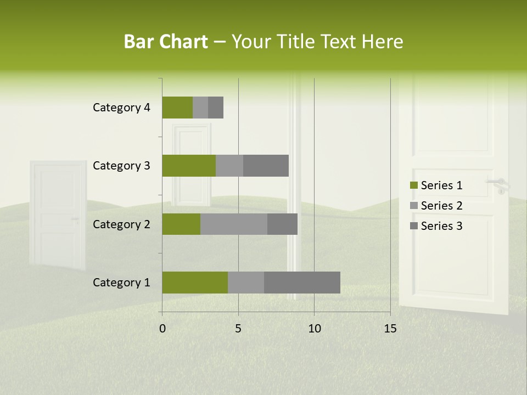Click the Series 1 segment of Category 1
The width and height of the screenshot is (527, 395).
[195, 283]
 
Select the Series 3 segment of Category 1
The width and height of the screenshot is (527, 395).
[302, 283]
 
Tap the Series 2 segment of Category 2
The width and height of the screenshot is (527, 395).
[234, 224]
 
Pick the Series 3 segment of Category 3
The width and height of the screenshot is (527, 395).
[266, 166]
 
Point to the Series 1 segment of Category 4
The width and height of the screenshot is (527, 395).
[177, 108]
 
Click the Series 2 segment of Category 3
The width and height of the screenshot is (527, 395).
[229, 166]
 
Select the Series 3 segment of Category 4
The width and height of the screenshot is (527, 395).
[216, 108]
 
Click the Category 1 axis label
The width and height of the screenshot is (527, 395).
[121, 283]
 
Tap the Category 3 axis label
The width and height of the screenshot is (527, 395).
[121, 166]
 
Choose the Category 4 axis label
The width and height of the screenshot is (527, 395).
[121, 108]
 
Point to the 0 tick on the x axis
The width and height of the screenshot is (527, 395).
[162, 329]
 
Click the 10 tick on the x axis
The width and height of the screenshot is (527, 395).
[314, 329]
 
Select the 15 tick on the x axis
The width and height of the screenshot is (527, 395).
[390, 329]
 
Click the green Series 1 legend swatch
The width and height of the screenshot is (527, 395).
[413, 185]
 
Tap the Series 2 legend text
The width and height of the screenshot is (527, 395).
[441, 206]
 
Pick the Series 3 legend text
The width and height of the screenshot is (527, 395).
[441, 226]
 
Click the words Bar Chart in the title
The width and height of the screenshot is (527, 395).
[165, 42]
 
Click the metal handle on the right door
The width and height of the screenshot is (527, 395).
[498, 184]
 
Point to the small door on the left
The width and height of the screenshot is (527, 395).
[58, 214]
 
